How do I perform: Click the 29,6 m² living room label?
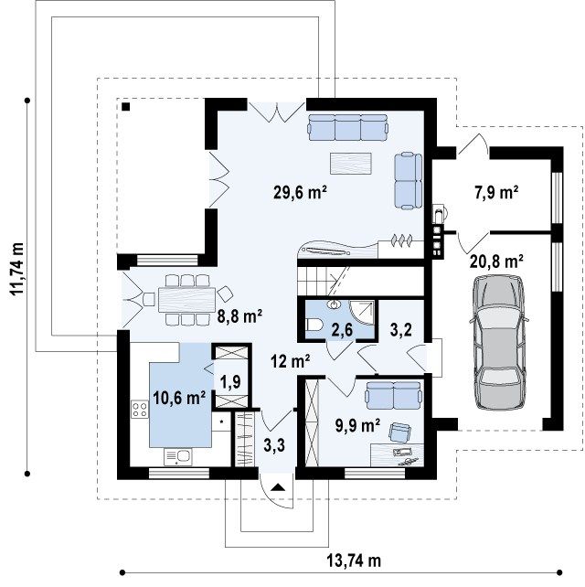[301, 193]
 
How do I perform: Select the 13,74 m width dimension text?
[354, 560]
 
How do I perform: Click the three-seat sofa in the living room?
[347, 127]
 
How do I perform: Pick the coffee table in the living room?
[351, 164]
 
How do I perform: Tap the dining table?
[186, 300]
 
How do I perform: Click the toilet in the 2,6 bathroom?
[313, 325]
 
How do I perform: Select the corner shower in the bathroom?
[362, 314]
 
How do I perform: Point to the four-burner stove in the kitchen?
[139, 409]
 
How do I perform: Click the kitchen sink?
[178, 457]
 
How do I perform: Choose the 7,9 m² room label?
[496, 193]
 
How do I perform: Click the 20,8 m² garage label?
[496, 261]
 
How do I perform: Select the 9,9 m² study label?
[357, 426]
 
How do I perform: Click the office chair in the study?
[399, 432]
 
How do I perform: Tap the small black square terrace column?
[126, 107]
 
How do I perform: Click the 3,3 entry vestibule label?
[274, 445]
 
